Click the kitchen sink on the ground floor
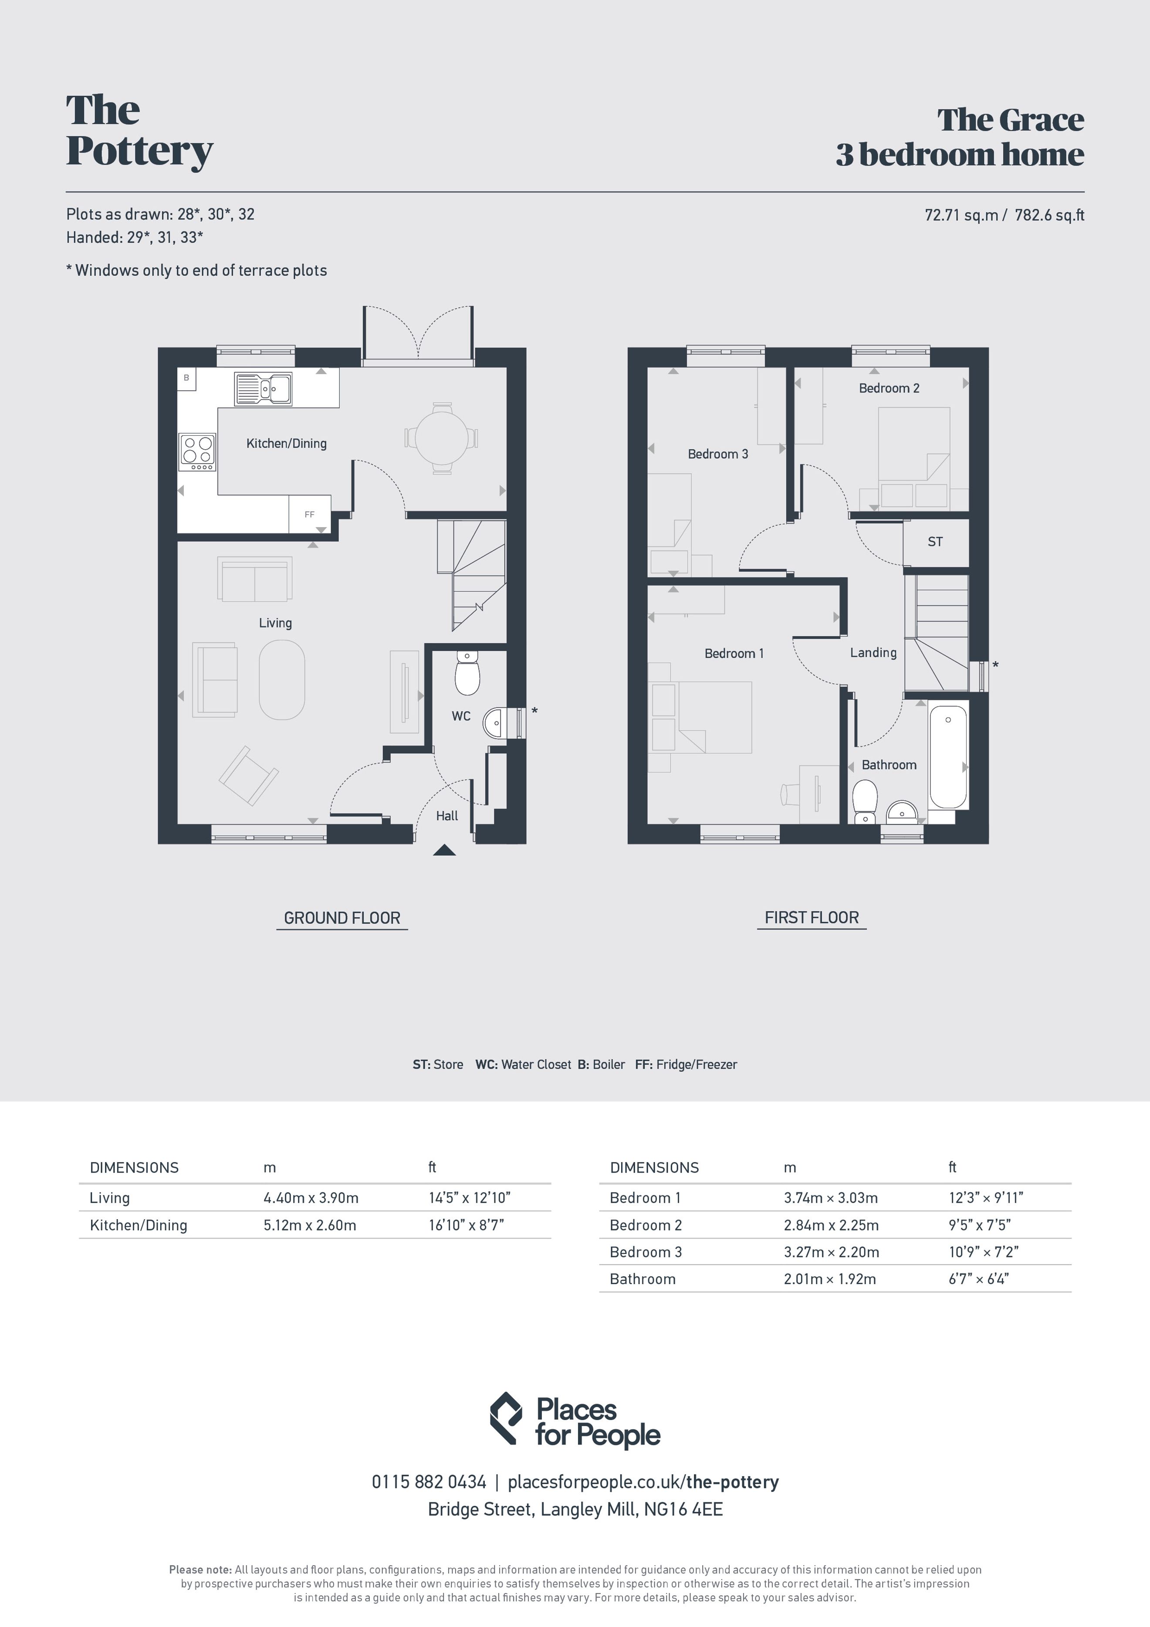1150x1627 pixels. click(263, 389)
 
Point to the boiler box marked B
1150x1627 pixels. click(186, 378)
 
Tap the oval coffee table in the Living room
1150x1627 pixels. click(282, 680)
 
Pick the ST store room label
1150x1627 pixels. click(935, 541)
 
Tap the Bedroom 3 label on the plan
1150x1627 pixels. click(718, 454)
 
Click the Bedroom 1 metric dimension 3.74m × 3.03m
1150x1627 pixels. click(830, 1197)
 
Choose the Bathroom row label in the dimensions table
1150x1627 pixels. click(643, 1279)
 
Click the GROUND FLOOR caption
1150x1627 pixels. click(342, 918)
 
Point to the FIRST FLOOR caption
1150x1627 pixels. click(812, 917)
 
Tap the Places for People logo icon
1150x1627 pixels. click(506, 1419)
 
